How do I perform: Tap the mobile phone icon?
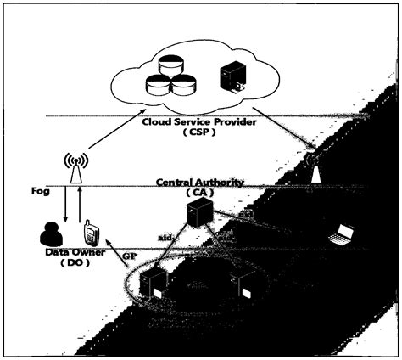click(x=90, y=233)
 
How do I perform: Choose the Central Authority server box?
click(x=200, y=216)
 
